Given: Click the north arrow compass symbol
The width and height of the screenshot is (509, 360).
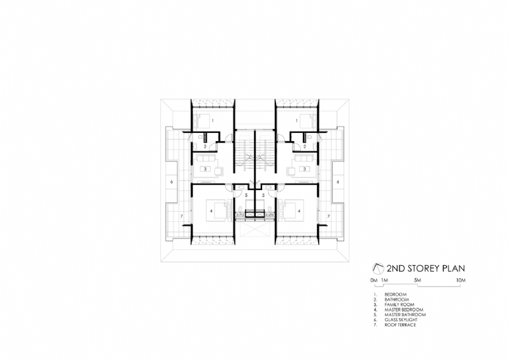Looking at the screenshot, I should (x=377, y=268).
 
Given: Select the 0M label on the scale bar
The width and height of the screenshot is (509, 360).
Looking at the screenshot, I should (x=373, y=280).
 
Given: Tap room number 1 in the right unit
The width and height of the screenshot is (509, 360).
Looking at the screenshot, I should (x=297, y=120).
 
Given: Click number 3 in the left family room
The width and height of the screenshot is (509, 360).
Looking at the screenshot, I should (x=204, y=169).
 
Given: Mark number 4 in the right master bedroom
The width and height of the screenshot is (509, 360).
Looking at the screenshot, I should (x=307, y=204).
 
